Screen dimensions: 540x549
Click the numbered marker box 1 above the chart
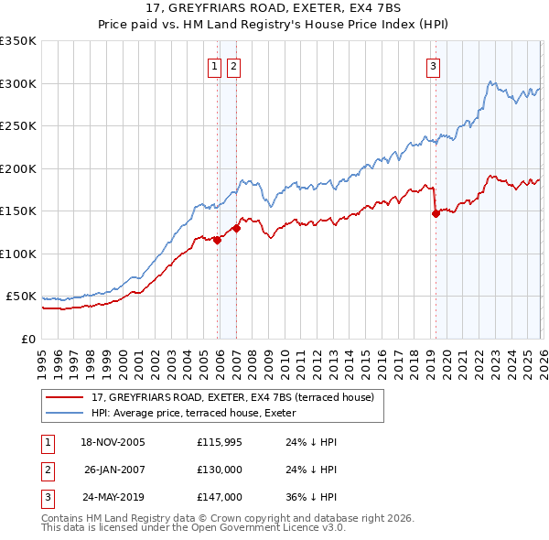pos(214,66)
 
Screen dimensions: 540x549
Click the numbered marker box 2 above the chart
pos(233,66)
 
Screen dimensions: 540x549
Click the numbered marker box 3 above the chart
pos(432,66)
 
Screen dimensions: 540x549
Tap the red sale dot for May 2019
pos(436,213)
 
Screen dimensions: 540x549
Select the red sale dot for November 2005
pos(218,240)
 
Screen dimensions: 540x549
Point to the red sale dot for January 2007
pos(237,228)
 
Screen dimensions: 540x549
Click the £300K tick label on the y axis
pos(18,83)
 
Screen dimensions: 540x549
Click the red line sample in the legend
pos(66,397)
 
